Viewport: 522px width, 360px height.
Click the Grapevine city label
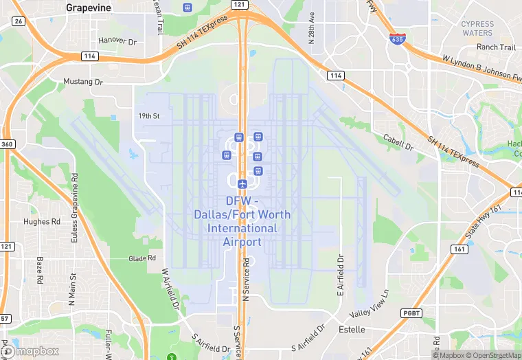click(89, 8)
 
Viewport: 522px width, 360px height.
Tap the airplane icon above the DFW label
click(242, 183)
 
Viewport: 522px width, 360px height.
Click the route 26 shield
click(19, 21)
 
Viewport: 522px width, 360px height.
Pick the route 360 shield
click(8, 144)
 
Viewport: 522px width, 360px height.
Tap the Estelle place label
click(352, 330)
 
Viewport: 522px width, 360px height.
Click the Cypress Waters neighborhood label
click(477, 28)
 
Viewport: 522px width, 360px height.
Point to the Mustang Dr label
click(83, 82)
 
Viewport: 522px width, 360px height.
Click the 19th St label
click(148, 116)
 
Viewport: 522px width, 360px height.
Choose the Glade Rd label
click(142, 258)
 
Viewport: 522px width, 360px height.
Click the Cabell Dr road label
click(399, 142)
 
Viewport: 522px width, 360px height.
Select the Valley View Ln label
click(370, 304)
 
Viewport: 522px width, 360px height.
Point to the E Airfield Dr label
click(339, 275)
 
